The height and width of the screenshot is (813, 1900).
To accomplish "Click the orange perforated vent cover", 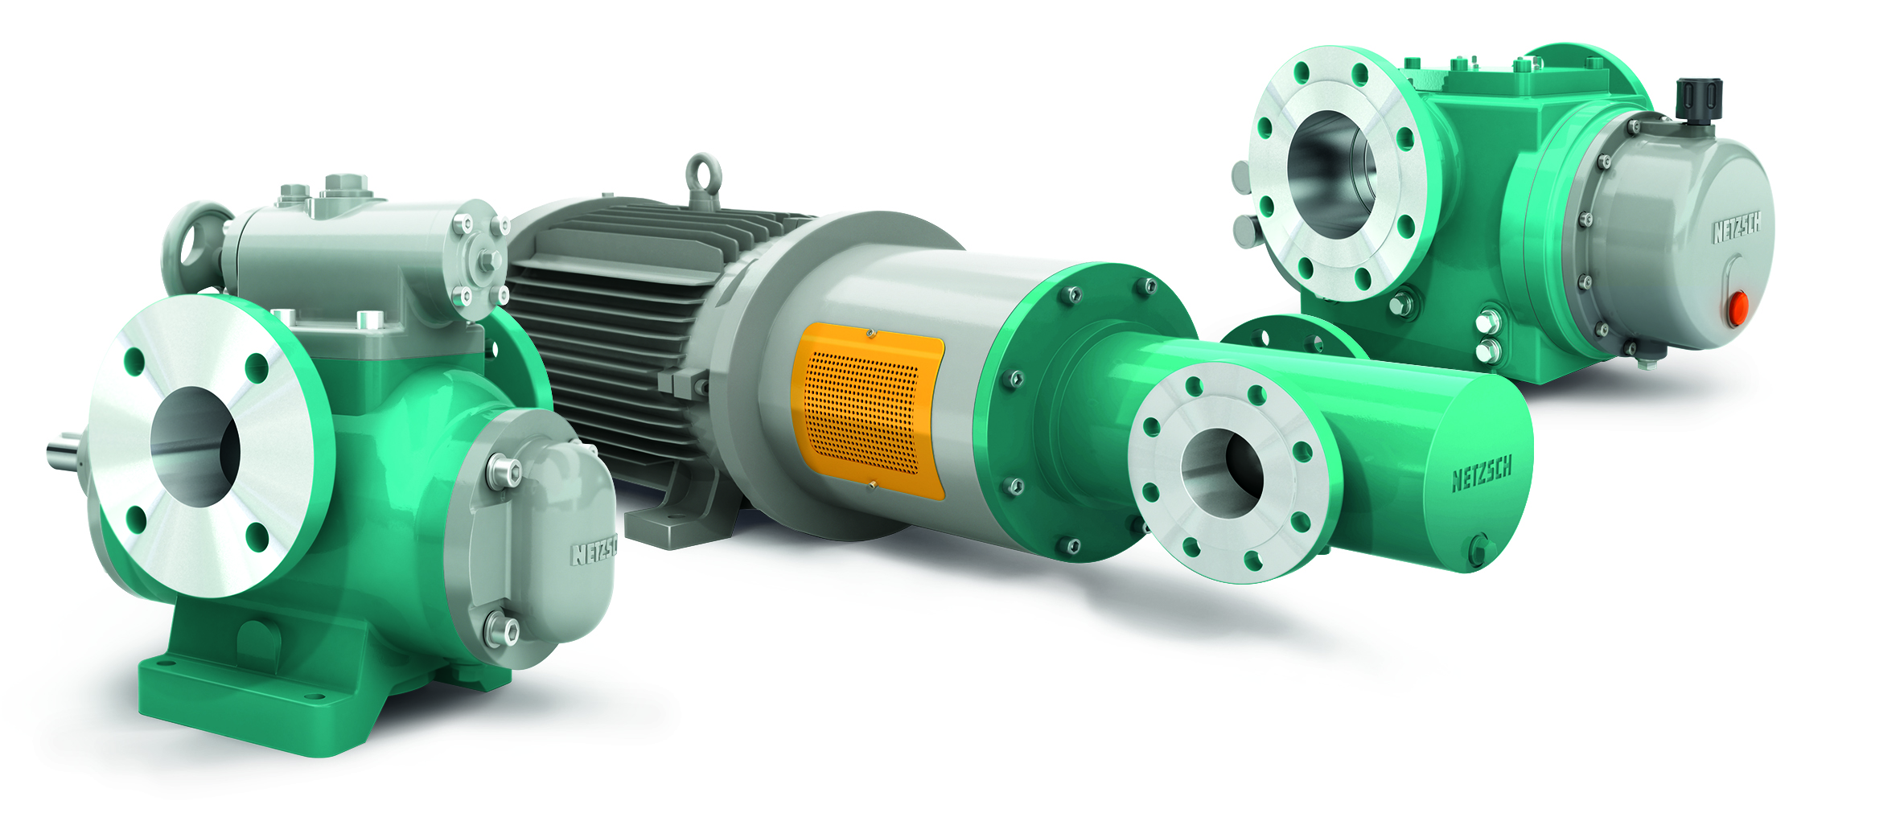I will (x=867, y=410).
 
